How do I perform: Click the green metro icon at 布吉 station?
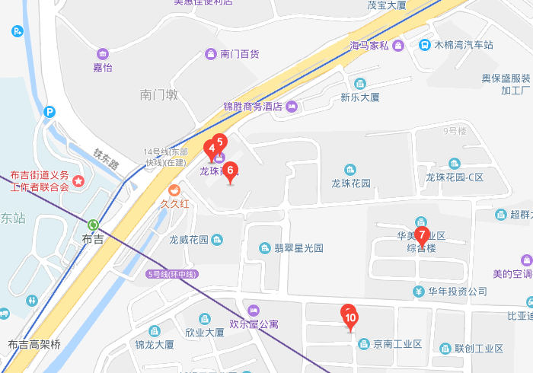coord(93,225)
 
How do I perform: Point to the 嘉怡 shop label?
coord(103,67)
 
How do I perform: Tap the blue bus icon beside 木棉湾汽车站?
coord(423,45)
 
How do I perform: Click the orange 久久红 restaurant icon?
coord(174,190)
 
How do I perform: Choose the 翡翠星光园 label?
coord(298,248)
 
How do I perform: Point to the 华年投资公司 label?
coord(457,292)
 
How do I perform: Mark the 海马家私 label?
coord(370,45)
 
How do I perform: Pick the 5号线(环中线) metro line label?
coord(172,274)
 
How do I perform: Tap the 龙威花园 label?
coord(189,241)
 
